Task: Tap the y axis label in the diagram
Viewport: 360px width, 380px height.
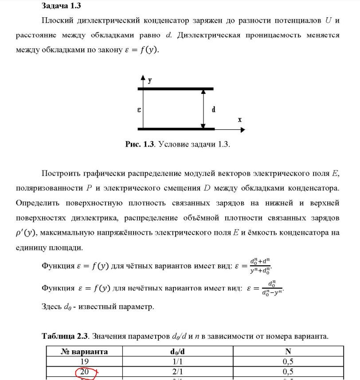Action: pyautogui.click(x=150, y=80)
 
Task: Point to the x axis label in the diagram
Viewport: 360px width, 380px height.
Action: pyautogui.click(x=239, y=120)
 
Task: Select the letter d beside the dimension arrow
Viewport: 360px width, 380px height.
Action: pyautogui.click(x=213, y=109)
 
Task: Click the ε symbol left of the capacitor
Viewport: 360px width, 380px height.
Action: pyautogui.click(x=139, y=109)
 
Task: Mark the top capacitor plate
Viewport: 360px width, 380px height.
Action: pyautogui.click(x=176, y=89)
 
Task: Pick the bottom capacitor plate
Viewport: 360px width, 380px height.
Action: pyautogui.click(x=176, y=129)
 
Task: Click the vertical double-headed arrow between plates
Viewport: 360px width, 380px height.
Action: pyautogui.click(x=203, y=109)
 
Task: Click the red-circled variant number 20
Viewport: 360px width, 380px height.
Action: pyautogui.click(x=84, y=372)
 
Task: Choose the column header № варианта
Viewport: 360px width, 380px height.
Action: pyautogui.click(x=84, y=352)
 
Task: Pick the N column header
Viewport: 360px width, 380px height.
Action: pyautogui.click(x=288, y=352)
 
